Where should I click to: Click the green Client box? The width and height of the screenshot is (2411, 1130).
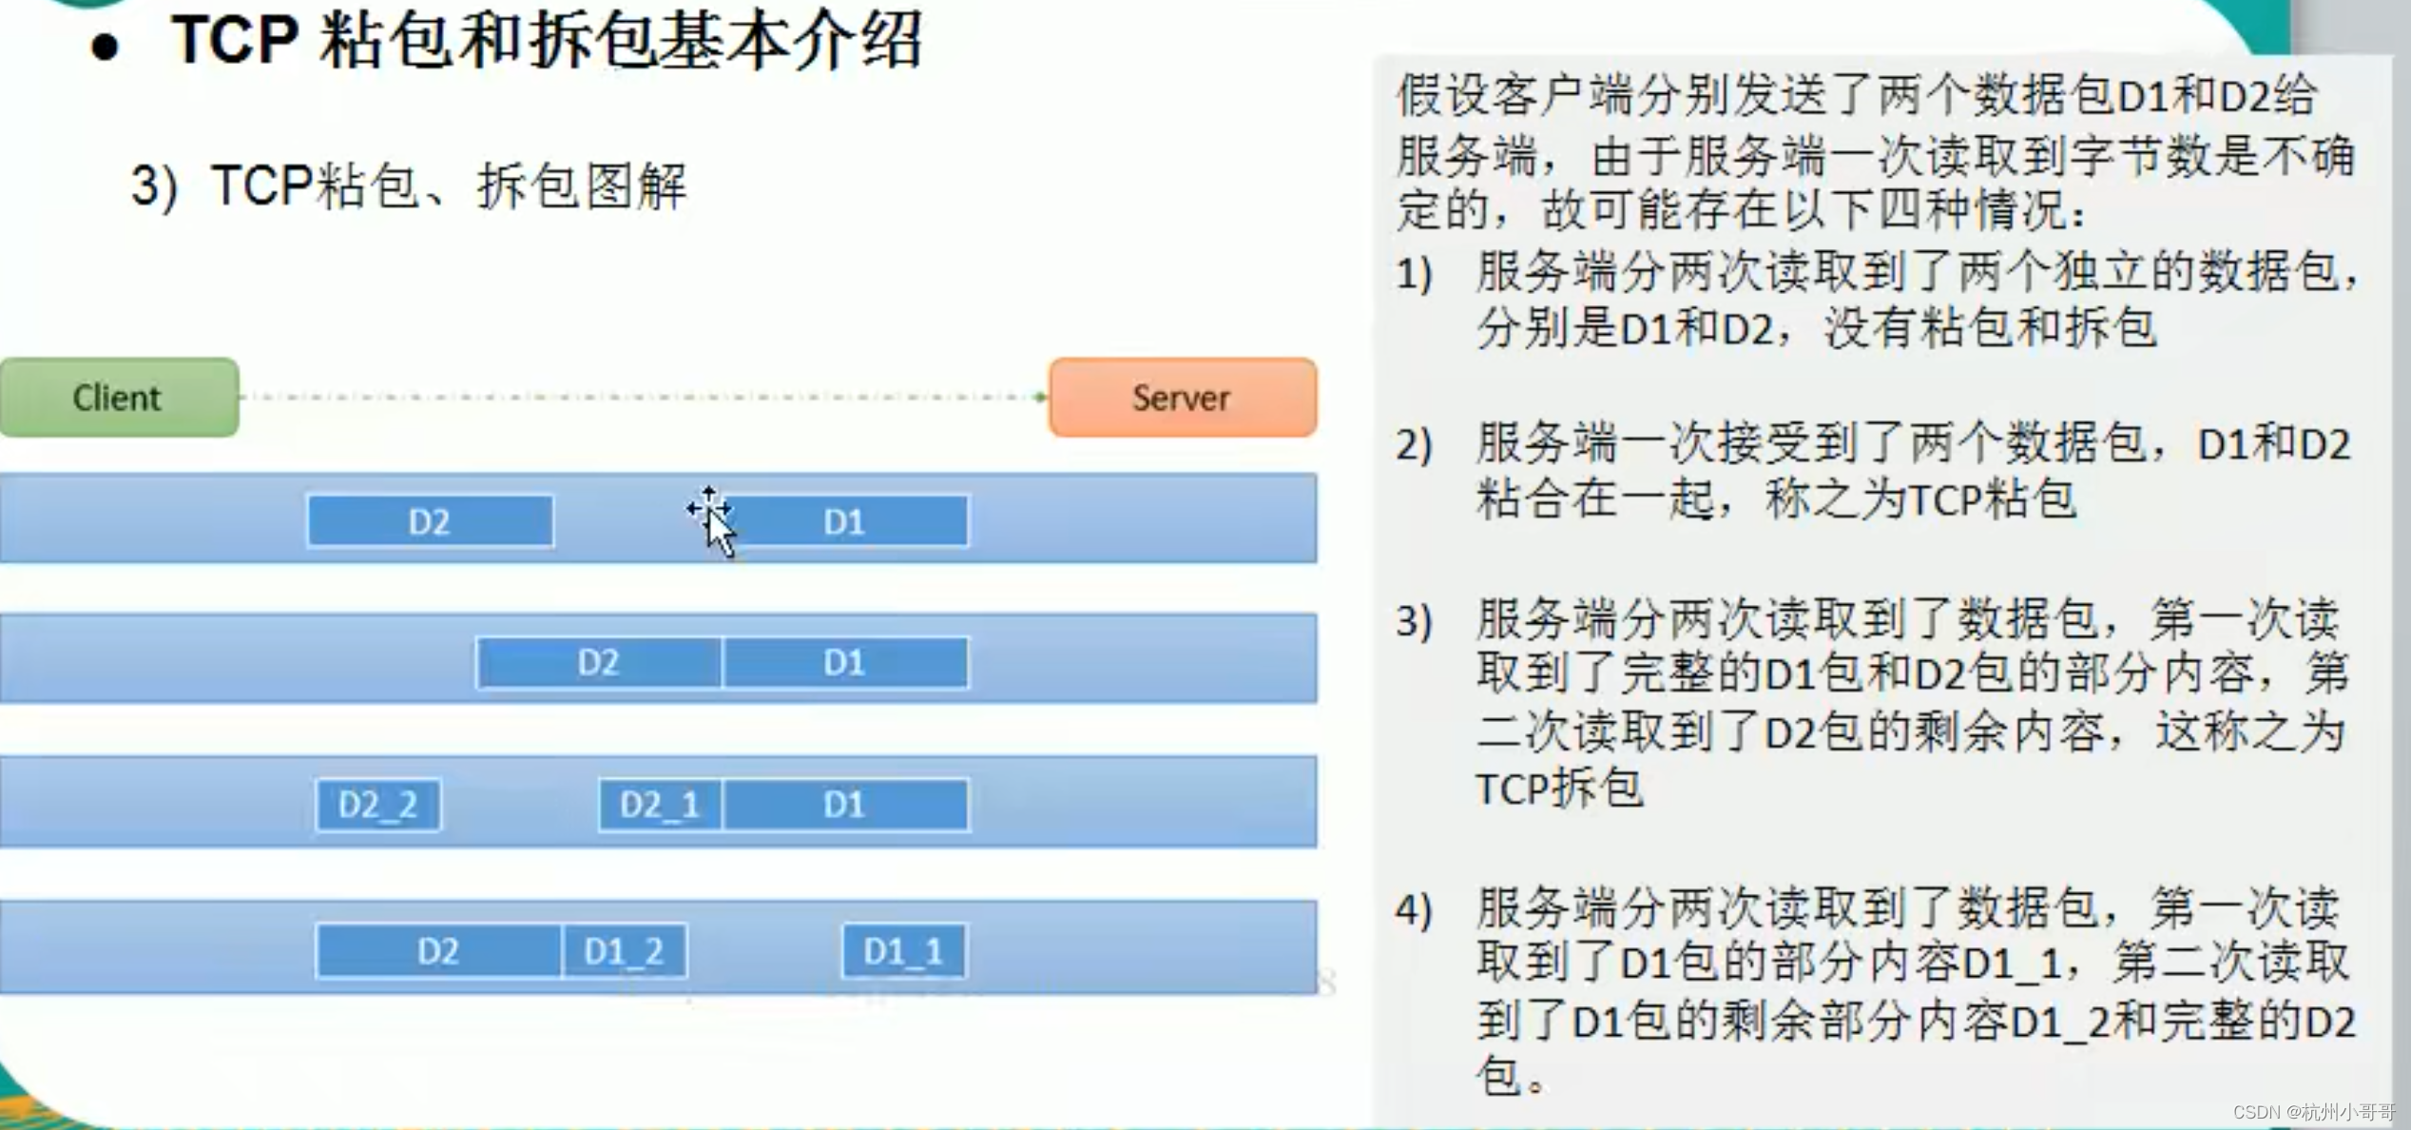click(x=119, y=398)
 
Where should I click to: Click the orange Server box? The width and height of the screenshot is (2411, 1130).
click(x=1183, y=398)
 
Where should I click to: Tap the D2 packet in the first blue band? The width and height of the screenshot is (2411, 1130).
click(x=430, y=521)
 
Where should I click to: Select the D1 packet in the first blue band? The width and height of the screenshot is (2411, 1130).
click(x=845, y=521)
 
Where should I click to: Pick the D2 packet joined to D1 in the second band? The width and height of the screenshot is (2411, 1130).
click(x=599, y=662)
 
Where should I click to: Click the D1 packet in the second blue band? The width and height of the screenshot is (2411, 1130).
click(x=845, y=662)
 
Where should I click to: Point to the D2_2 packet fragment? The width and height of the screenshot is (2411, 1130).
click(x=378, y=805)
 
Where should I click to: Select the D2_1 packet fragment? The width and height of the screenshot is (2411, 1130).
click(x=660, y=805)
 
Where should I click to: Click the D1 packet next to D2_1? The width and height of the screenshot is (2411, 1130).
click(x=845, y=805)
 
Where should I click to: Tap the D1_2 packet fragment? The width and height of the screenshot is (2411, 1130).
click(x=624, y=950)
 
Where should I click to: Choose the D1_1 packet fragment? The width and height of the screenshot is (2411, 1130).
click(x=904, y=950)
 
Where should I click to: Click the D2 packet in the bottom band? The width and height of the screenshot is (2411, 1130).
click(x=438, y=950)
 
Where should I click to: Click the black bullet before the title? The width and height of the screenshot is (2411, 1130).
click(x=105, y=48)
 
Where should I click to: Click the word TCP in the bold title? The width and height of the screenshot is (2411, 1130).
click(x=234, y=40)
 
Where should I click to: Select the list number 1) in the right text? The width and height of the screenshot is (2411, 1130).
click(x=1414, y=275)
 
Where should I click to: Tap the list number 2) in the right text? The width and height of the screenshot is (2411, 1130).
click(x=1414, y=445)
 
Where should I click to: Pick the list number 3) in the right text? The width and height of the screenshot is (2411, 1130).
click(x=1414, y=621)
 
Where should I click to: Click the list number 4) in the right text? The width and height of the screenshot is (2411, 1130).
click(x=1414, y=910)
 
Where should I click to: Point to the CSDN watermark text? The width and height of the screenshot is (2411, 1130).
click(x=2314, y=1112)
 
